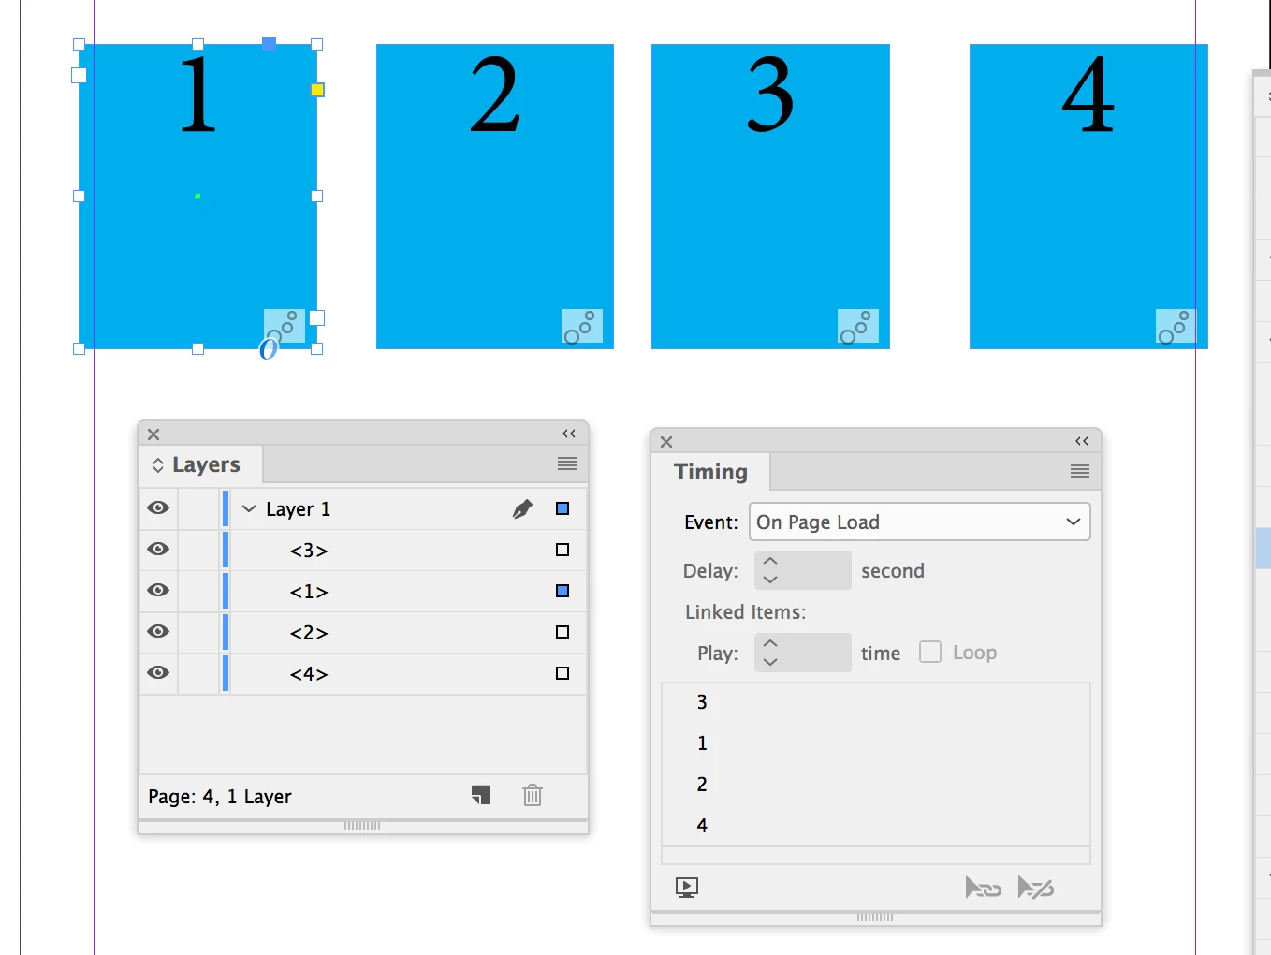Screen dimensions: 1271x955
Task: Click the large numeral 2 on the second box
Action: [494, 95]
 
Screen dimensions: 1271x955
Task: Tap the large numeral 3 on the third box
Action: [770, 95]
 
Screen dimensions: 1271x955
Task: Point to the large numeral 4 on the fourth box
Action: [1088, 95]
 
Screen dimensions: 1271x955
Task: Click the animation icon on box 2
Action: [581, 326]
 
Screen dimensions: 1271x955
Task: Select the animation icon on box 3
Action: [857, 326]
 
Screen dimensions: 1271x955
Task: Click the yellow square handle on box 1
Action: [317, 90]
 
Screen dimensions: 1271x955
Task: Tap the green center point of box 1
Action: [197, 197]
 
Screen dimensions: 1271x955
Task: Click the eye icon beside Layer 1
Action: [158, 507]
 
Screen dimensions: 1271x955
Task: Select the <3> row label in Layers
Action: [309, 551]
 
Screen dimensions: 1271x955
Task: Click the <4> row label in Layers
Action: [309, 674]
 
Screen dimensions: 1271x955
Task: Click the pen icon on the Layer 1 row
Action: [522, 508]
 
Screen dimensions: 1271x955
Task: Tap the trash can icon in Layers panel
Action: [533, 795]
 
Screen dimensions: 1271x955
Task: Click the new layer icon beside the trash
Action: [481, 795]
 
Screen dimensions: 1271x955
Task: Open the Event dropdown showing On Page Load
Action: [919, 522]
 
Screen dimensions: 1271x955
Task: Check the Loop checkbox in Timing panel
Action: [930, 652]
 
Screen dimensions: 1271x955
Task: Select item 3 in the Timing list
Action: [702, 702]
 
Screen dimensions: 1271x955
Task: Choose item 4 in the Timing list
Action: [702, 825]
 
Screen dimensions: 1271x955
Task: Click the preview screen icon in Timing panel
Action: [687, 888]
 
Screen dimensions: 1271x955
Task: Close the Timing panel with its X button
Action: [666, 442]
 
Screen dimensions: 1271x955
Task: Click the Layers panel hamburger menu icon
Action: [567, 463]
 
